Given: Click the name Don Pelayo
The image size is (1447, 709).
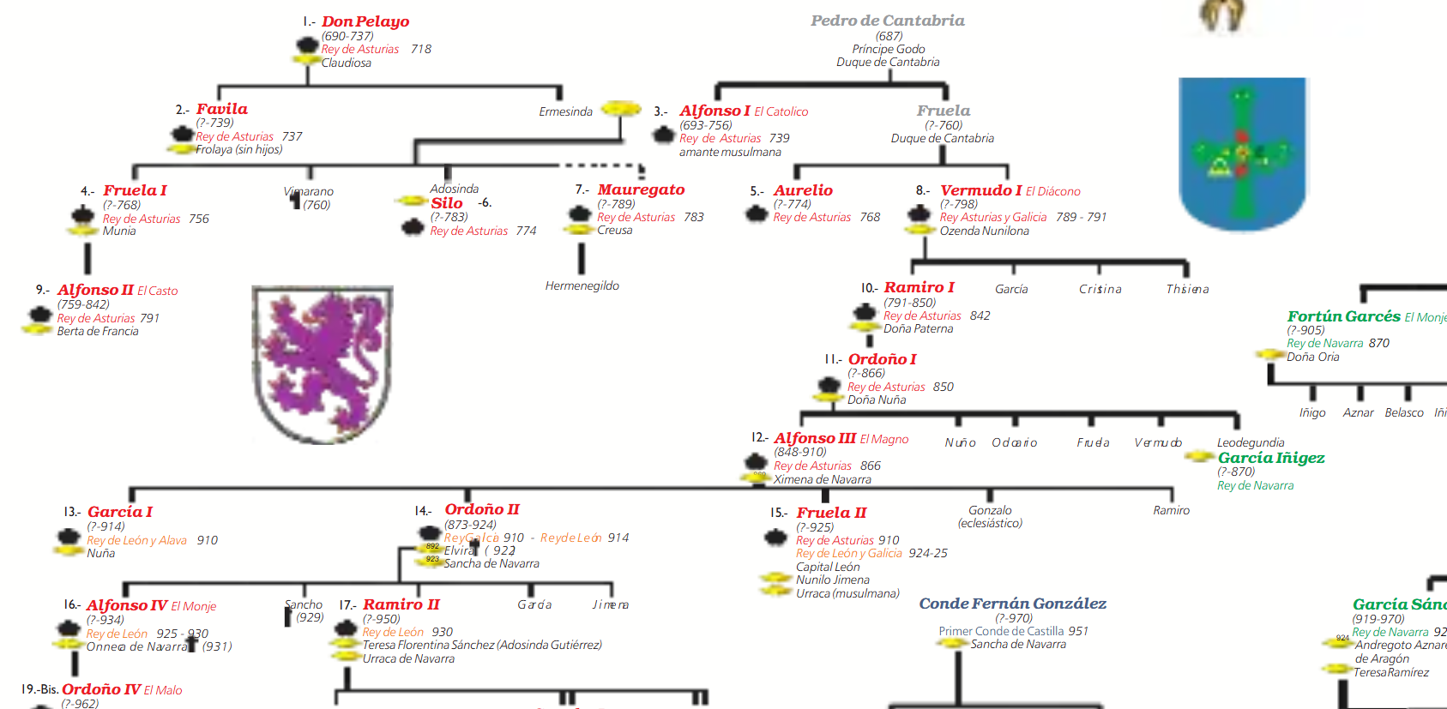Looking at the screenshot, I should [365, 21].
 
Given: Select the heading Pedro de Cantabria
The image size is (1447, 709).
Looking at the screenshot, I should [888, 21].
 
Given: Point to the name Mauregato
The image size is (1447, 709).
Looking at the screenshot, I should [641, 189].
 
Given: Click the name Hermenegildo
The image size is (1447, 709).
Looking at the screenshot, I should [582, 285].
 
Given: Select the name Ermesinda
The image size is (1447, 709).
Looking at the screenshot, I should [565, 111].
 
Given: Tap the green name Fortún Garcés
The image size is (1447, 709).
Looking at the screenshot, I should [1343, 316].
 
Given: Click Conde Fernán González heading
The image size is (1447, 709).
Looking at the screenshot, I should [1012, 604].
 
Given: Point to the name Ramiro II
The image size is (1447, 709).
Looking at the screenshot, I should [401, 604].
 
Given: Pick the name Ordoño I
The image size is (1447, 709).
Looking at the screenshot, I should [882, 359].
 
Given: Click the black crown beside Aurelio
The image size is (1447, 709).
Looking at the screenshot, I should [757, 213].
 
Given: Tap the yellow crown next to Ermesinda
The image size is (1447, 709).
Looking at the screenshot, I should [621, 109].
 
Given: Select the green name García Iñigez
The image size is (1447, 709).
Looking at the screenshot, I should [1271, 458].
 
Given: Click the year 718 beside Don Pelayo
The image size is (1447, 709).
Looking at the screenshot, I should [420, 49].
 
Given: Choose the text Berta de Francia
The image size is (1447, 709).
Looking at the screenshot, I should [98, 331].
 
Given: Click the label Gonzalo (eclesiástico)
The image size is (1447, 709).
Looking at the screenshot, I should [990, 516].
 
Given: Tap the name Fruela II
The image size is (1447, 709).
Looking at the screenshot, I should [831, 513].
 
